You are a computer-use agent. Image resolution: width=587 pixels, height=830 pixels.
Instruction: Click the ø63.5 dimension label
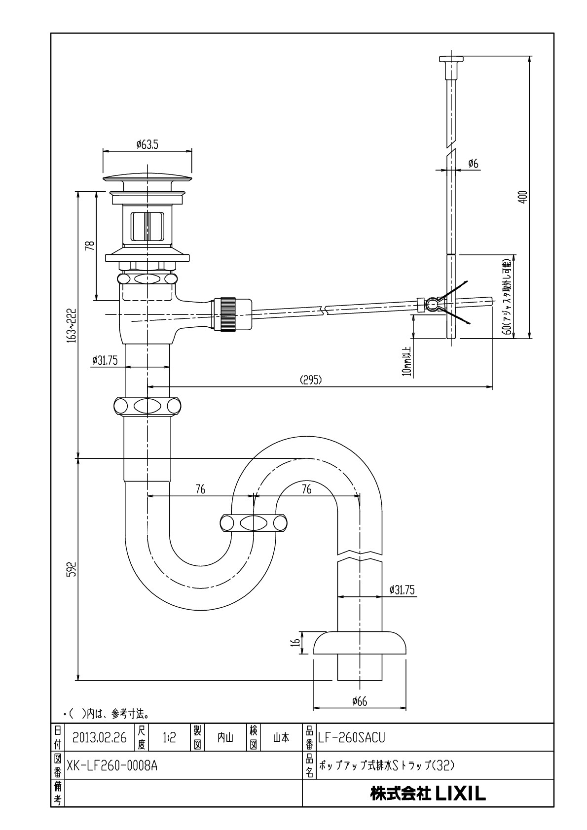[147, 144]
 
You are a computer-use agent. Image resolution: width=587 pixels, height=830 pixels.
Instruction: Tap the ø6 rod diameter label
[473, 163]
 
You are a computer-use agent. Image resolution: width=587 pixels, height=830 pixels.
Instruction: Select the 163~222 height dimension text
[72, 325]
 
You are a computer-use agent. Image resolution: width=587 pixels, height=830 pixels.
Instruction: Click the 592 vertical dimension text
[72, 569]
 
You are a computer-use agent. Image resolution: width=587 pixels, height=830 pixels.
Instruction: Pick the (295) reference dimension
[311, 380]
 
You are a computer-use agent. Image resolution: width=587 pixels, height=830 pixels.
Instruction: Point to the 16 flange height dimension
[295, 643]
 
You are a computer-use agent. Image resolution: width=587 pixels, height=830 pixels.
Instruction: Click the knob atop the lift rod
[451, 59]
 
